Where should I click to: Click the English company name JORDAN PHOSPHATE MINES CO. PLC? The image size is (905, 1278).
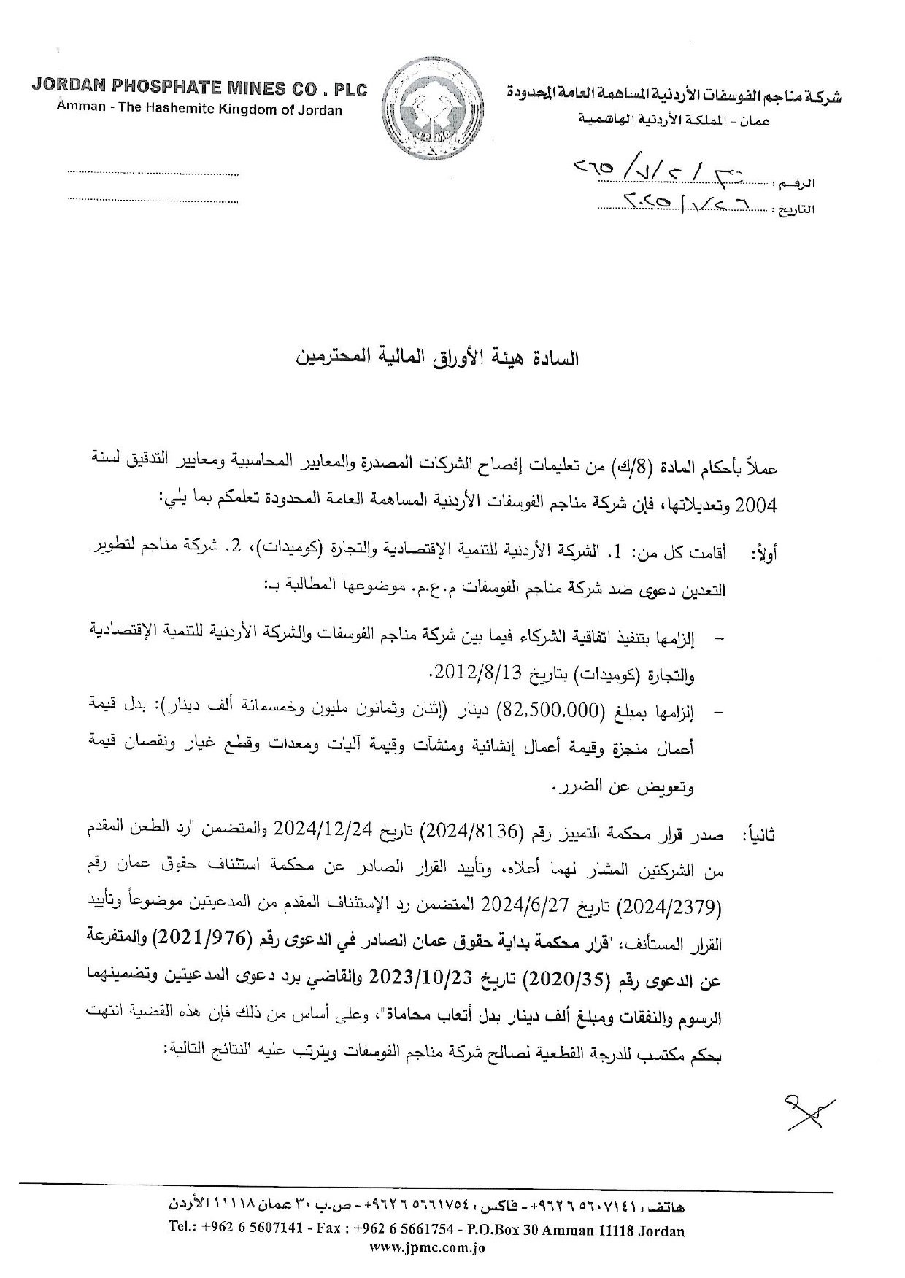click(x=199, y=90)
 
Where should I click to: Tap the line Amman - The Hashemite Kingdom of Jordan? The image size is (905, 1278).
click(x=199, y=110)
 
